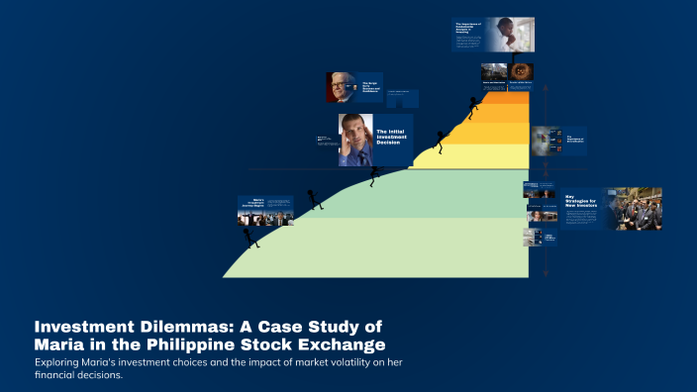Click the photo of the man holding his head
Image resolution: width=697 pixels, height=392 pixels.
(x=355, y=140)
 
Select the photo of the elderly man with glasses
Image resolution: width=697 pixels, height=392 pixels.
(x=341, y=88)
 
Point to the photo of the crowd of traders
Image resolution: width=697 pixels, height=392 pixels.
(x=634, y=208)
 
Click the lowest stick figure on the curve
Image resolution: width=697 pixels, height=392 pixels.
(x=250, y=237)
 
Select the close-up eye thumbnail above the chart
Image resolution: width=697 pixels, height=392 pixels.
(x=523, y=71)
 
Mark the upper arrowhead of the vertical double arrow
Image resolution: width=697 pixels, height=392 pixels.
(x=544, y=84)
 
